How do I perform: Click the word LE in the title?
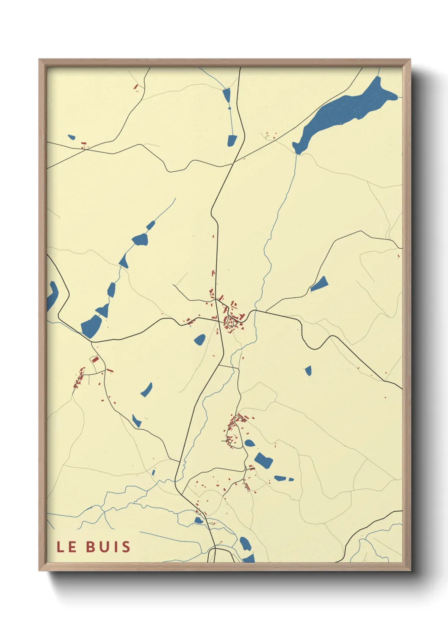[66, 546]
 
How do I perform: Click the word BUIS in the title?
[108, 546]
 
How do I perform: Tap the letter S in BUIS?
[126, 546]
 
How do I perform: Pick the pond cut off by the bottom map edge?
[249, 558]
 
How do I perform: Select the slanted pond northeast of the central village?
[320, 284]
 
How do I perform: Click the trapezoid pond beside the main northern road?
[232, 140]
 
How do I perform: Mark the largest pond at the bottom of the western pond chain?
[91, 326]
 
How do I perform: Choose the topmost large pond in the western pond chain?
[140, 240]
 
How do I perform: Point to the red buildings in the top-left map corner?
[136, 87]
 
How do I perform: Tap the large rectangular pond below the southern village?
[263, 460]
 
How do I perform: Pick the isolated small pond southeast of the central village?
[308, 371]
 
